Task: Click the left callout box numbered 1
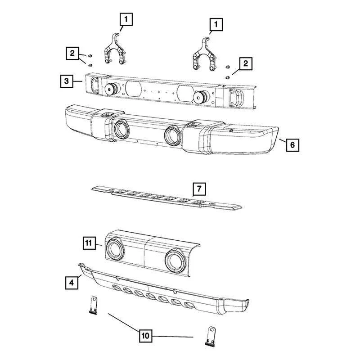(126, 19)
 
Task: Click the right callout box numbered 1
(216, 24)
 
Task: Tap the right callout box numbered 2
(246, 64)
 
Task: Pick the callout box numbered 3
(66, 81)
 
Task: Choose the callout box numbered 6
(292, 145)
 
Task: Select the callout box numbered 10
(146, 335)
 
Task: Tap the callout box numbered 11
(89, 243)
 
